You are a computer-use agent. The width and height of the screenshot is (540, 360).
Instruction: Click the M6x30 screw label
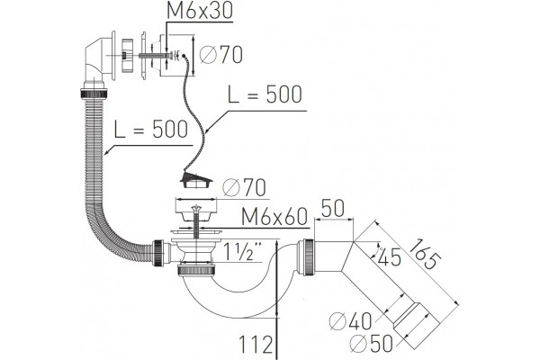coord(200,11)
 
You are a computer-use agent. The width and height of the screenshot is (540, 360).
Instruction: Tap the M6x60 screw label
coord(274,217)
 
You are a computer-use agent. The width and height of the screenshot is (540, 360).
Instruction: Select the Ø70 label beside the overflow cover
coord(221,54)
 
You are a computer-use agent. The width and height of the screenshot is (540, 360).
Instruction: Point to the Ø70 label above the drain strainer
coord(244,187)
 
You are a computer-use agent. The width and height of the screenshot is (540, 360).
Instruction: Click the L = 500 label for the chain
coord(265,94)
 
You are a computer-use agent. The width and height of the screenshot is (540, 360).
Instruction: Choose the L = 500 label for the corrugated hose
coord(151,130)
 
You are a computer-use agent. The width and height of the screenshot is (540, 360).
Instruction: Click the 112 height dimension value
coord(256,345)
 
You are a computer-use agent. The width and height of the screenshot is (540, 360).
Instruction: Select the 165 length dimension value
coord(427,254)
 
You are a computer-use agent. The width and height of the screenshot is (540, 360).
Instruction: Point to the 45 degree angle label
coord(389,256)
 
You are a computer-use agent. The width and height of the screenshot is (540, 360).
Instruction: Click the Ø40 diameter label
coord(351,321)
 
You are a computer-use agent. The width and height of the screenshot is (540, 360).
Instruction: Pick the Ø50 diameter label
coord(371,343)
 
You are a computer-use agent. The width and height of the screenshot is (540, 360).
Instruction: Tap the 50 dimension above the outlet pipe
coord(332,208)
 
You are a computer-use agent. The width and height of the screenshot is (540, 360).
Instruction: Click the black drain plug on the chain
coord(195,180)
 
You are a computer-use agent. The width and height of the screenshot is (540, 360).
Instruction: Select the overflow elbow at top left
coord(100,60)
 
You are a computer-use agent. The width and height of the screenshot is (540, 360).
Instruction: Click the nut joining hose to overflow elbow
coord(94,94)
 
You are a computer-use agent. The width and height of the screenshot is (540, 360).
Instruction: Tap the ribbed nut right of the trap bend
coord(307,257)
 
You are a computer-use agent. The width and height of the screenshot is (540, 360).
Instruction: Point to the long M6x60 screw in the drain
coord(196,222)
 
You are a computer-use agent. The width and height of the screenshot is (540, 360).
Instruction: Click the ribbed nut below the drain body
coord(196,269)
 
